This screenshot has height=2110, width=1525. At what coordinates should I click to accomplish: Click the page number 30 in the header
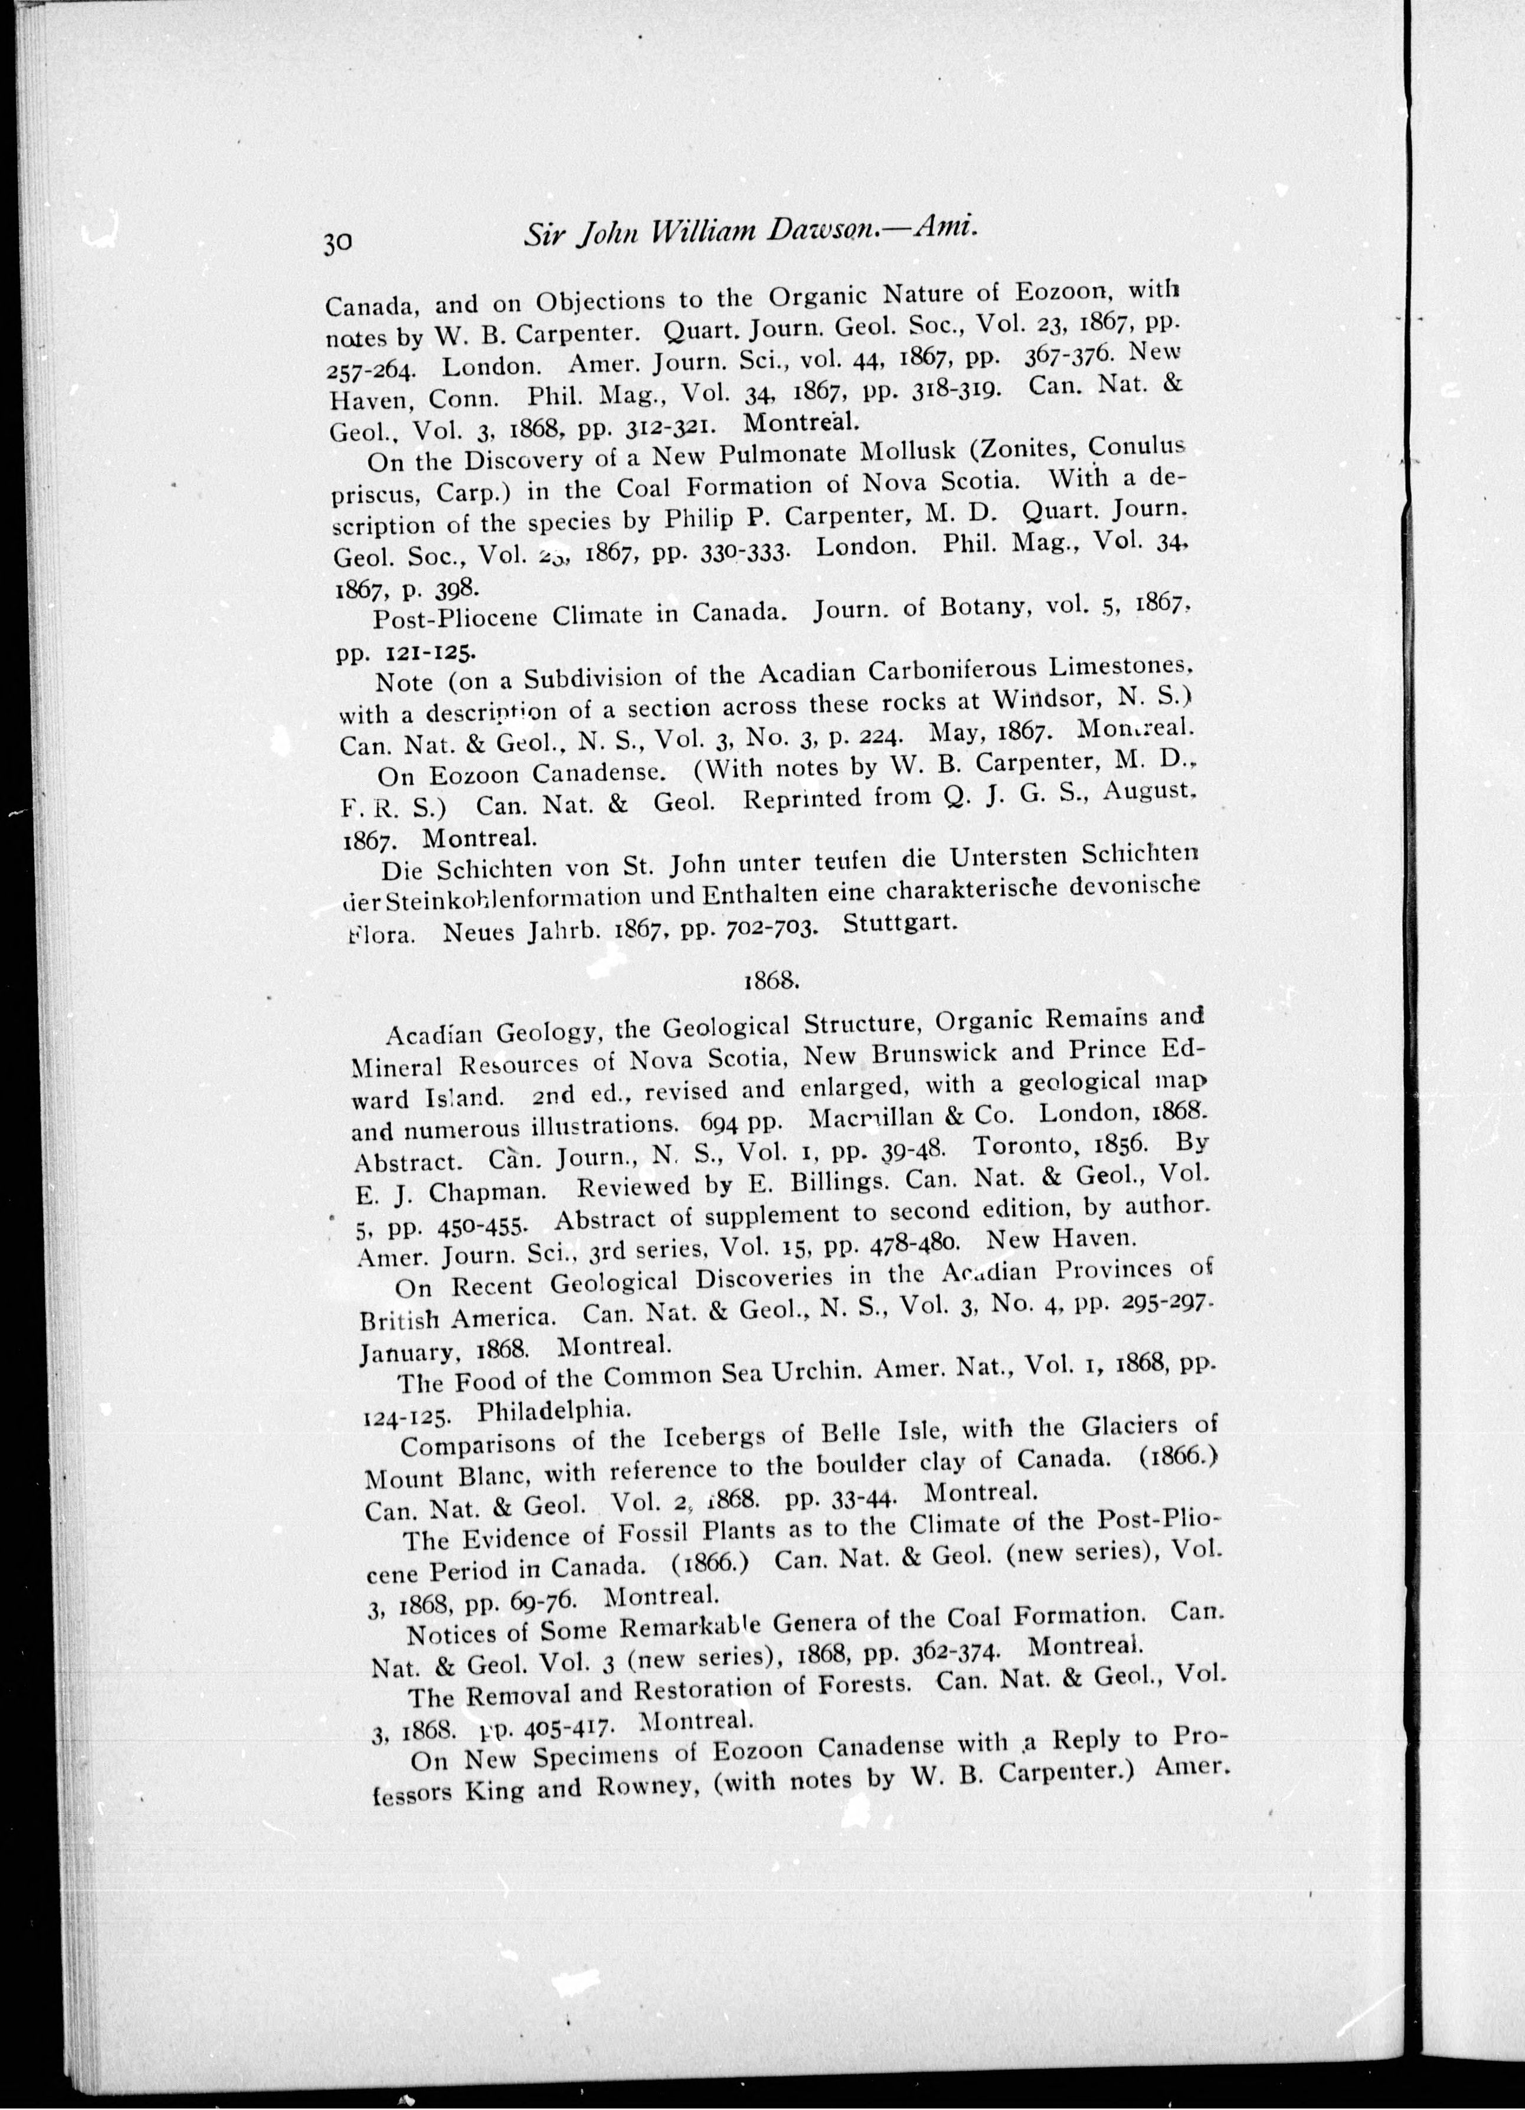point(337,243)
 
